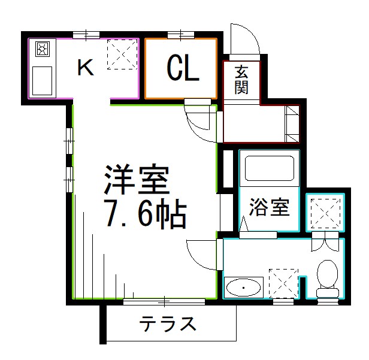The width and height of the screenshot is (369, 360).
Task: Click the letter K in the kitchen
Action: click(x=86, y=68)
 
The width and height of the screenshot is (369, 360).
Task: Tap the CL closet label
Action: click(x=182, y=69)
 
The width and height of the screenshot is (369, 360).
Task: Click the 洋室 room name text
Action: click(x=137, y=179)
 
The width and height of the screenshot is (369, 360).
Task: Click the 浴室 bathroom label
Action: click(x=270, y=208)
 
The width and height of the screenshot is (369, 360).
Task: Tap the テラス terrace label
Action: click(x=168, y=325)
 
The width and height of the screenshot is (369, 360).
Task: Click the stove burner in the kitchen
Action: click(x=43, y=50)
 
